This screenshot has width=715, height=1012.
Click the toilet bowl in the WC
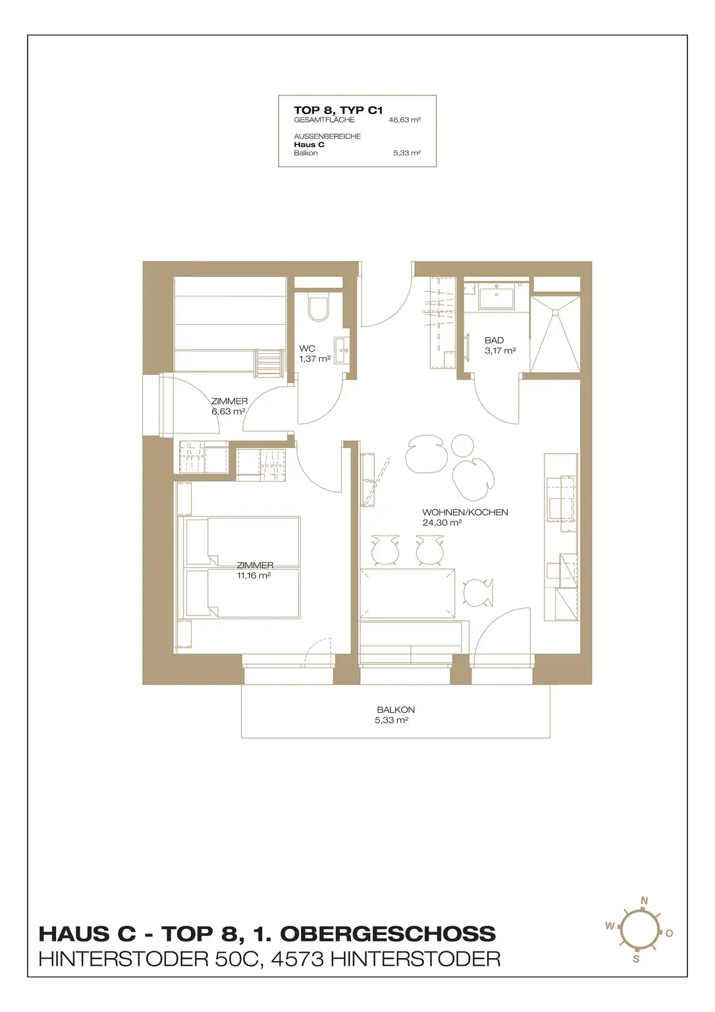coord(319,307)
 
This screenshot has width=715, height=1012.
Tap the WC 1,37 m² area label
coord(315,354)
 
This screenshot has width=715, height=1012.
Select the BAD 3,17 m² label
coord(500,345)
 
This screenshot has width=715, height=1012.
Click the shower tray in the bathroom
coord(555,334)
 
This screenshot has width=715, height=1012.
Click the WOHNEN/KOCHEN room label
coord(465,513)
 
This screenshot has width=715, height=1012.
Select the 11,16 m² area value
coord(253,576)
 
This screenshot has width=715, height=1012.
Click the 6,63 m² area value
coord(228,412)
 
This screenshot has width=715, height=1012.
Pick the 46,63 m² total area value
coord(404,120)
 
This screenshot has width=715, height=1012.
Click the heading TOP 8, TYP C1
coord(338,110)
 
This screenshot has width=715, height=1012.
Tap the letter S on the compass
coord(636,959)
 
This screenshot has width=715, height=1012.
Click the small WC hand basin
coord(342,349)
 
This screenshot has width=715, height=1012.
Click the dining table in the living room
coord(407,593)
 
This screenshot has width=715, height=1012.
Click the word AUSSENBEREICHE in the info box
coord(327,136)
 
